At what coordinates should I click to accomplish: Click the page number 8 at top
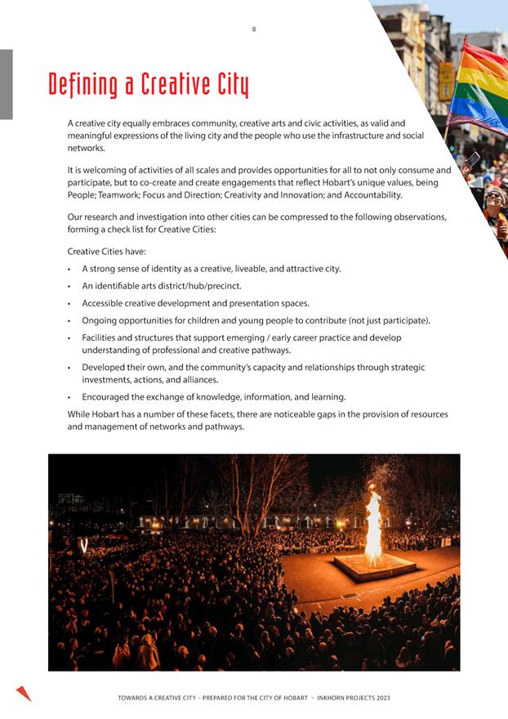(253, 29)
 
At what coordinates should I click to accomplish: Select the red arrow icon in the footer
(24, 694)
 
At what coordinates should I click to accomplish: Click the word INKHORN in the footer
(331, 699)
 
